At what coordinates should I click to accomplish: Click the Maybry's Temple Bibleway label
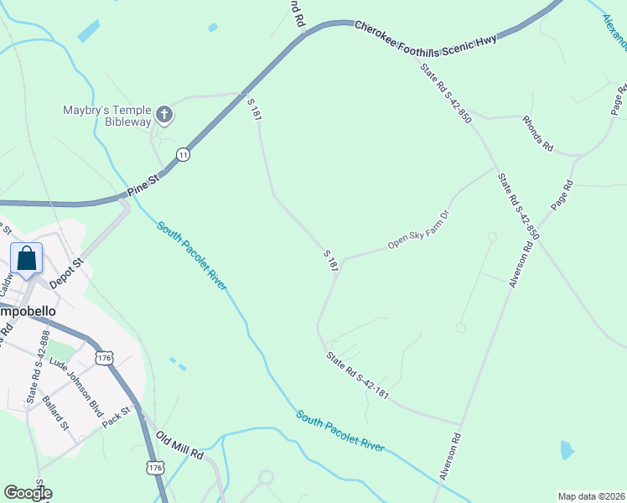pos(106,116)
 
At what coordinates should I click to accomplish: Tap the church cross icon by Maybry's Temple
pos(165,114)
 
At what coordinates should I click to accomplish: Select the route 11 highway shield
pos(183,154)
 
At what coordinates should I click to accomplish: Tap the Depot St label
pos(68,273)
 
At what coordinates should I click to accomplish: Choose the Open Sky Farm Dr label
pos(419,235)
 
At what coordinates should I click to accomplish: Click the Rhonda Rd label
pos(538,133)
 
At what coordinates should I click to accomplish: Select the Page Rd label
pos(562,195)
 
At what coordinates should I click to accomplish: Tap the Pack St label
pos(118,417)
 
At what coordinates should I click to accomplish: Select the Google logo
pos(28,493)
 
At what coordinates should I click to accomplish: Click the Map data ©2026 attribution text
pos(591,496)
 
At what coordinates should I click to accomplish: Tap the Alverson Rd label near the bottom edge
pos(451,456)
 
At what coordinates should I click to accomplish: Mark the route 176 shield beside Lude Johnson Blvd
pos(104,358)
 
